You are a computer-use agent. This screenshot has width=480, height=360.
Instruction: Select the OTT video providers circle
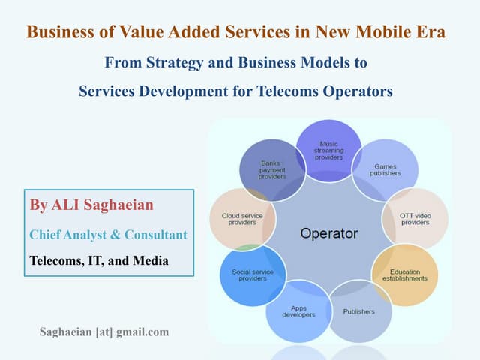[415, 218]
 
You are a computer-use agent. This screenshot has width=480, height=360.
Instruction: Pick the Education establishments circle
[404, 274]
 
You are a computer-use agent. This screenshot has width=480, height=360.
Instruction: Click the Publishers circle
[358, 310]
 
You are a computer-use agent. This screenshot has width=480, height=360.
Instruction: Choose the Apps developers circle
[298, 311]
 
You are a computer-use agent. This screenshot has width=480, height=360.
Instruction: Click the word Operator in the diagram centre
[328, 232]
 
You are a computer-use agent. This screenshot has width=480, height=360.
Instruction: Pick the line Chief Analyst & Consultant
[108, 235]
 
